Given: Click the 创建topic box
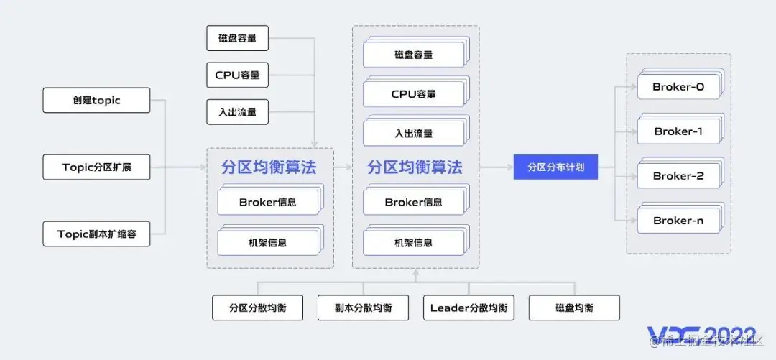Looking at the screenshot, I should coord(96,101).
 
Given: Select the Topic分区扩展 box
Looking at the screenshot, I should coord(96,167).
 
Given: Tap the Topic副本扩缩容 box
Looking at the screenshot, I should coord(96,234).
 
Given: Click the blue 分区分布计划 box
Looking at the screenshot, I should coord(555,167).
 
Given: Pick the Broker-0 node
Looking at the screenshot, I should coord(678,88).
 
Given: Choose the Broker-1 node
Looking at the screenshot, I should coord(678,132).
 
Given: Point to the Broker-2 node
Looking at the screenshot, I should coord(678,176).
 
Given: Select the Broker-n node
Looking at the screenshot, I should coord(678,221).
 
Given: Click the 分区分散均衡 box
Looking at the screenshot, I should coord(258,308).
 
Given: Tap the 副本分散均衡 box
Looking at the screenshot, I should coord(363,308).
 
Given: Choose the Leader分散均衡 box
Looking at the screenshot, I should coord(468,308).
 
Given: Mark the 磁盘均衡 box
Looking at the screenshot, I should coord(574,308).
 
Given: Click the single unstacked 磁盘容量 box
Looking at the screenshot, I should coord(237,38).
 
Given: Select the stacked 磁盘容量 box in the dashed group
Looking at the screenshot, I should coord(413,55).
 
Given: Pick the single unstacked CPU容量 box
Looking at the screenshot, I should coord(237,75).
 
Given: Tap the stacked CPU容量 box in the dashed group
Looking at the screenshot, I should coord(413,94).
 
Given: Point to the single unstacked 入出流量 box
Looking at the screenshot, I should coord(237,112).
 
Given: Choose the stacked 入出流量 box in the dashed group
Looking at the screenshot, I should coord(413,134).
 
